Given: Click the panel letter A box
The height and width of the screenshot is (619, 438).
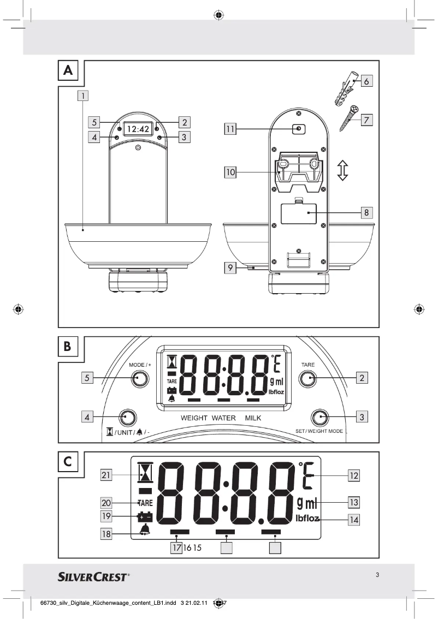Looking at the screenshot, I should pyautogui.click(x=68, y=70).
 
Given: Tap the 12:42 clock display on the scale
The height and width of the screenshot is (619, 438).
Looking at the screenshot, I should pyautogui.click(x=138, y=129).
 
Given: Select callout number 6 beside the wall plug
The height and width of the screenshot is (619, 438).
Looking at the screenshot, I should pyautogui.click(x=366, y=81).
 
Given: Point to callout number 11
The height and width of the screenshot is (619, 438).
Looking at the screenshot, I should pyautogui.click(x=232, y=129).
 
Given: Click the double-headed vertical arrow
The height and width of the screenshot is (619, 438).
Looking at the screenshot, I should pyautogui.click(x=342, y=170).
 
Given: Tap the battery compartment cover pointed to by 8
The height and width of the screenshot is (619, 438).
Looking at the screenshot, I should pyautogui.click(x=297, y=213).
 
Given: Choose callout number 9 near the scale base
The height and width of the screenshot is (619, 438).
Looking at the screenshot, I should pyautogui.click(x=232, y=268).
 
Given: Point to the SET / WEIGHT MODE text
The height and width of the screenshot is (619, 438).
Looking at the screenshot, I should pyautogui.click(x=319, y=431).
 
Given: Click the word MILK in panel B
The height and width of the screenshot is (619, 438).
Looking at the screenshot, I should pyautogui.click(x=253, y=418).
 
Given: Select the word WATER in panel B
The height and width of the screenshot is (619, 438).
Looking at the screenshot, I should pyautogui.click(x=223, y=418).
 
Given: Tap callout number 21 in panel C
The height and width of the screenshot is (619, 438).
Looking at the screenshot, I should pyautogui.click(x=108, y=475).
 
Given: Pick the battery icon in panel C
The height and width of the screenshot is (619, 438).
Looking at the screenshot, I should pyautogui.click(x=145, y=516).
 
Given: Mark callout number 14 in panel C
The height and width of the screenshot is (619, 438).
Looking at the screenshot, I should pyautogui.click(x=354, y=519).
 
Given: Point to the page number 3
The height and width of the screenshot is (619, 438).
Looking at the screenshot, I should pyautogui.click(x=377, y=574).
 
